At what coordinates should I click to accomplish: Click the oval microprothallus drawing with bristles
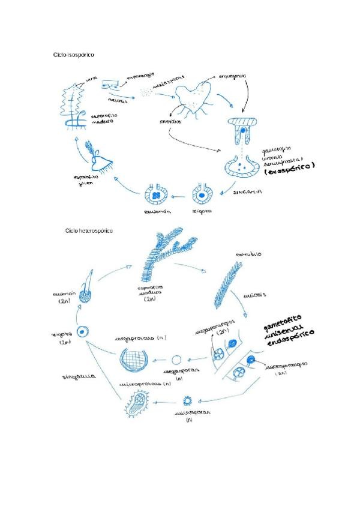click(x=143, y=403)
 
